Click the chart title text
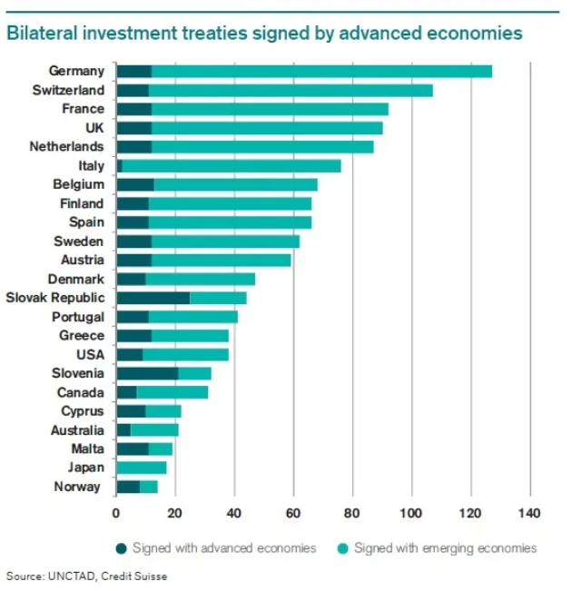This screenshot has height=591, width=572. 264,34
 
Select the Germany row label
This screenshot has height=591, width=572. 76,71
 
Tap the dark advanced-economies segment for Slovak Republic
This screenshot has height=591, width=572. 153,298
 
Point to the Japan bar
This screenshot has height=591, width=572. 142,468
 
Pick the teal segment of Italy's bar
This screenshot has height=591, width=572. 232,165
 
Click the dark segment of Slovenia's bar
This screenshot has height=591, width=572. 147,373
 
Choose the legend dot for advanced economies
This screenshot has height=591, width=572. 122,547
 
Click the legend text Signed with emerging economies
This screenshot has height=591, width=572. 445,547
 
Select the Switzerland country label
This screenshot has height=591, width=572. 68,90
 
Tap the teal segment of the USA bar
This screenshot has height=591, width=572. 185,354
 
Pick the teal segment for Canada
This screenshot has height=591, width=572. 173,392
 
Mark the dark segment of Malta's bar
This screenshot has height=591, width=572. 133,448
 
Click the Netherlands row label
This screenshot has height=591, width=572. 66,146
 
